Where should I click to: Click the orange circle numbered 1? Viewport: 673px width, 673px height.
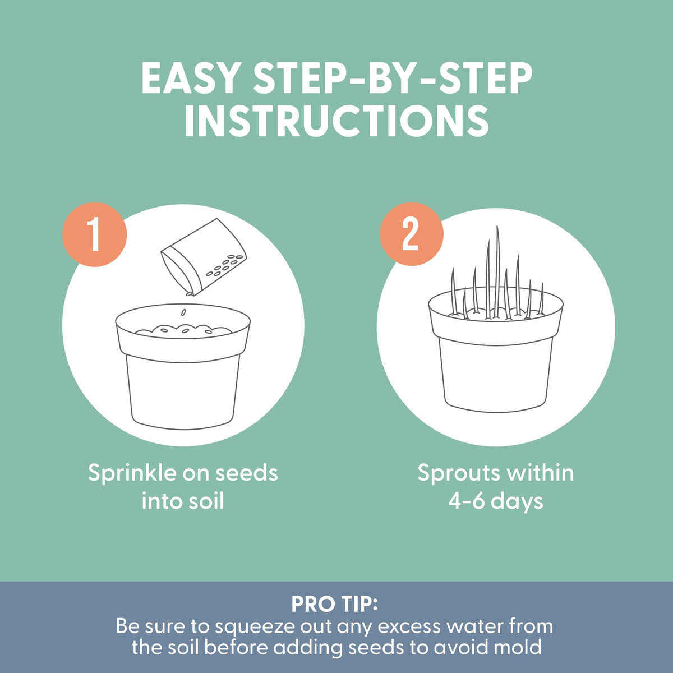(94, 234)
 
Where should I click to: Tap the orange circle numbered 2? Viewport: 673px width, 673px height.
(412, 234)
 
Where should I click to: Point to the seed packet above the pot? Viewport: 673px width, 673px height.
(204, 257)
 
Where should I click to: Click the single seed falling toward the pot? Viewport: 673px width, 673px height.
(183, 312)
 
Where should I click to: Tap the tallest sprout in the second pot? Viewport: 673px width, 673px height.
(497, 273)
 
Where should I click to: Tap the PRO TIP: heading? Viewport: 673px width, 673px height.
(335, 604)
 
